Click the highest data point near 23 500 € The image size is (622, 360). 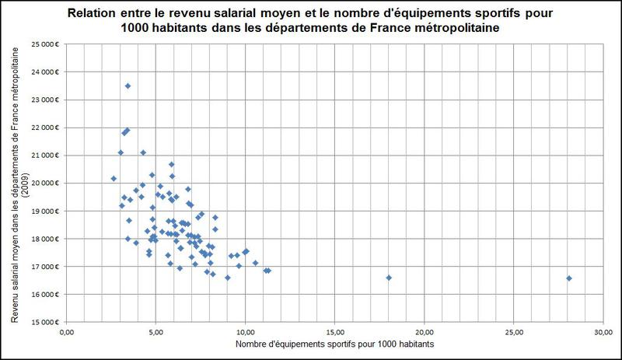click(128, 86)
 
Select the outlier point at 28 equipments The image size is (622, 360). click(569, 278)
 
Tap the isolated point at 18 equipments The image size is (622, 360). click(389, 277)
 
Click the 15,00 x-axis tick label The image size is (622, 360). click(334, 333)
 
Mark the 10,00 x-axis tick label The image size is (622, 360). click(245, 333)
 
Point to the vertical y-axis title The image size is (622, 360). click(16, 183)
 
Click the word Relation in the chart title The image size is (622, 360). click(92, 13)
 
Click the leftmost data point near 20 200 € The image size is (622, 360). click(114, 178)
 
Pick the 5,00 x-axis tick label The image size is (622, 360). click(155, 333)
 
